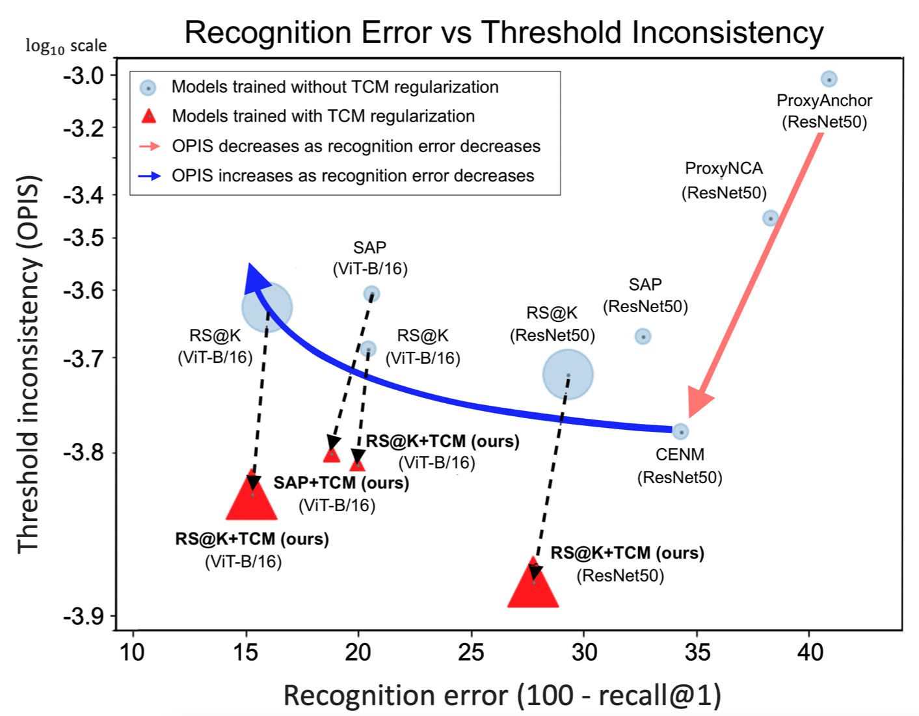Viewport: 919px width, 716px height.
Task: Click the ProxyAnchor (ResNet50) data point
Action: click(829, 79)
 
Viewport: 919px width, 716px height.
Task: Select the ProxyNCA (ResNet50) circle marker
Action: click(770, 218)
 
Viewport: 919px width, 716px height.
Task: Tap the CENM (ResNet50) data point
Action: click(680, 432)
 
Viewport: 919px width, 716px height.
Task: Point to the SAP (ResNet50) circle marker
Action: click(643, 336)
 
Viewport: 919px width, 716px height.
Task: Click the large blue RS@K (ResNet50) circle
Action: click(568, 375)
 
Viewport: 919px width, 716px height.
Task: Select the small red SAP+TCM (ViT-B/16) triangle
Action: click(332, 454)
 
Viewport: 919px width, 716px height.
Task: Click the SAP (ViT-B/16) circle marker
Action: click(371, 294)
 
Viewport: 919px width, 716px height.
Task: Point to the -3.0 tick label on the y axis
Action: click(85, 75)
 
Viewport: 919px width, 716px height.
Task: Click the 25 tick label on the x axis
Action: click(471, 652)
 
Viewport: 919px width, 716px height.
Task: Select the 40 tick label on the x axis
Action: click(810, 652)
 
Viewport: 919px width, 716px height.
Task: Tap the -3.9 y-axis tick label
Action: click(85, 615)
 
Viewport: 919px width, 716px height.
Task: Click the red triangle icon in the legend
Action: click(149, 116)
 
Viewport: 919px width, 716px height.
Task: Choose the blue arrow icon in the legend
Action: click(150, 176)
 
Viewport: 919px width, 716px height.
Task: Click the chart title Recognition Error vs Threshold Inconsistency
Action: click(504, 33)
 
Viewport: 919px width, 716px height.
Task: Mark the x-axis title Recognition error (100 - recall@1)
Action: click(502, 695)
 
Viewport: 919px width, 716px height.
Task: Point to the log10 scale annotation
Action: click(66, 46)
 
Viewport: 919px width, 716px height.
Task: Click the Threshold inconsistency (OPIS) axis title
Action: click(29, 364)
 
